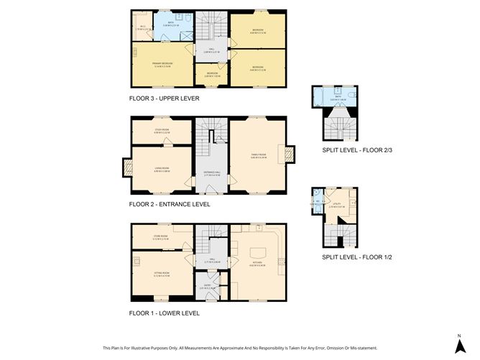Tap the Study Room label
click(162, 131)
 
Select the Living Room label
click(161, 170)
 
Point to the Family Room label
click(258, 155)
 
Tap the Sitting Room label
click(161, 274)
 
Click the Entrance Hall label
click(211, 174)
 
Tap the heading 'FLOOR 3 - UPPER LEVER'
click(164, 98)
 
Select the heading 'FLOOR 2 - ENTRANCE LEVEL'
click(170, 204)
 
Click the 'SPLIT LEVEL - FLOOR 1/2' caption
click(357, 257)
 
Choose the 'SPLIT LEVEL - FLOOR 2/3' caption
click(357, 150)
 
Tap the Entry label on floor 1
click(207, 287)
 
